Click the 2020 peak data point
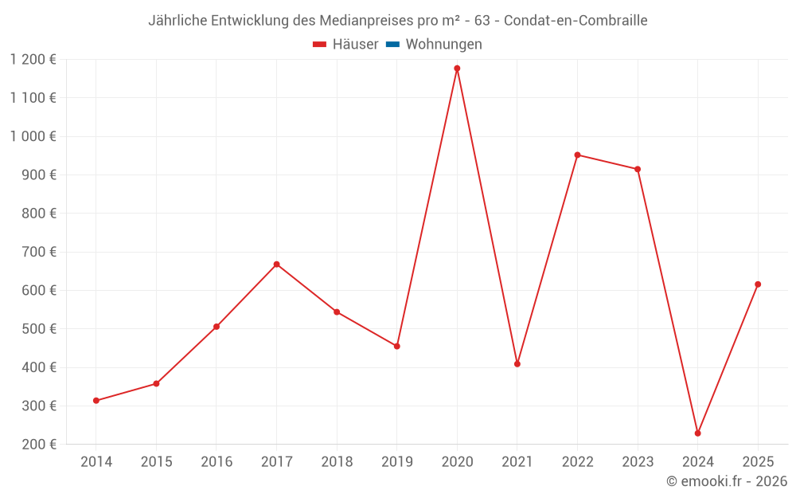457,69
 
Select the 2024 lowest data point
697,433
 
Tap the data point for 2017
276,265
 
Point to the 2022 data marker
577,155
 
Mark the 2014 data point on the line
96,401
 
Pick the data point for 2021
517,364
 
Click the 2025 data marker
758,284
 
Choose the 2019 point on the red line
396,346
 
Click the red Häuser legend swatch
320,45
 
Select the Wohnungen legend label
443,45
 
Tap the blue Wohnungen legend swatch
392,45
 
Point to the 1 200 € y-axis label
33,59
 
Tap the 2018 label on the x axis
337,461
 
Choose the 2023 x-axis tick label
638,461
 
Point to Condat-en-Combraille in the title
576,20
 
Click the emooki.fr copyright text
727,481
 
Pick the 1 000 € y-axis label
33,136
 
